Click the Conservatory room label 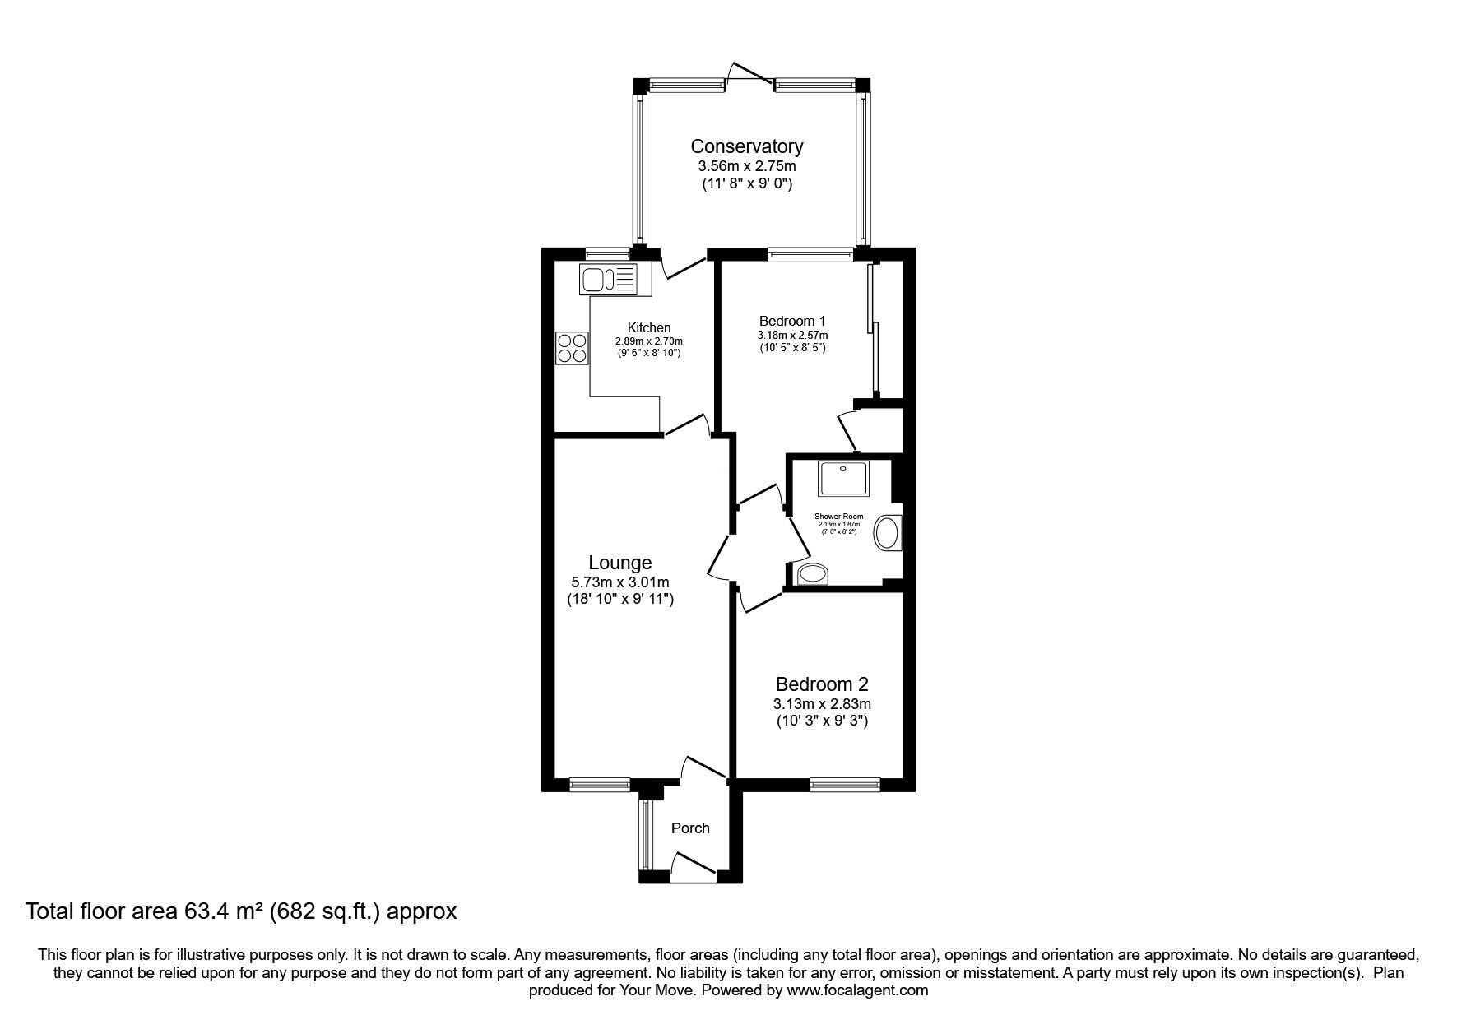click(746, 146)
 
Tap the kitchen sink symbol click(608, 280)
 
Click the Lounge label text click(620, 563)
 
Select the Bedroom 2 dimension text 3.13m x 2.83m click(822, 703)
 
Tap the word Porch click(690, 828)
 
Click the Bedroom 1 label click(792, 321)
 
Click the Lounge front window click(600, 785)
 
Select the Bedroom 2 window click(845, 785)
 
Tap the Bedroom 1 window click(810, 256)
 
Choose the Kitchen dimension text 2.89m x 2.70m click(649, 341)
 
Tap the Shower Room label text click(838, 517)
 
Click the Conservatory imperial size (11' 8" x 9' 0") click(746, 184)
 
